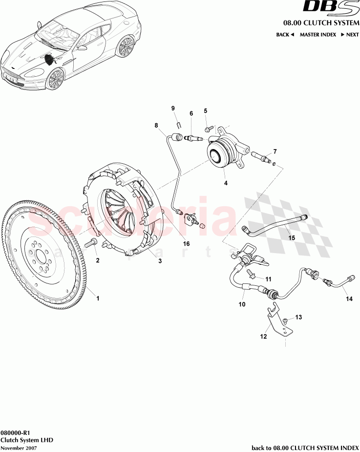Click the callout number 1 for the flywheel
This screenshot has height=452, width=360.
pyautogui.click(x=97, y=298)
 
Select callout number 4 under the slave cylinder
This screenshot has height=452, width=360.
pyautogui.click(x=226, y=183)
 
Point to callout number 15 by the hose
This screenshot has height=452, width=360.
pyautogui.click(x=291, y=238)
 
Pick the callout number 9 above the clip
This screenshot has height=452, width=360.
pyautogui.click(x=172, y=108)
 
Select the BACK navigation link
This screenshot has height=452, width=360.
pyautogui.click(x=285, y=35)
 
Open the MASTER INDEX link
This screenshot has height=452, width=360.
pyautogui.click(x=317, y=35)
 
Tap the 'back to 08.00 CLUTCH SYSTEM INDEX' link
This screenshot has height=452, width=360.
pyautogui.click(x=305, y=447)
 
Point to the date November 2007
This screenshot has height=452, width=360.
pyautogui.click(x=18, y=447)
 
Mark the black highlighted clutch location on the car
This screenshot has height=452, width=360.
pyautogui.click(x=49, y=59)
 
